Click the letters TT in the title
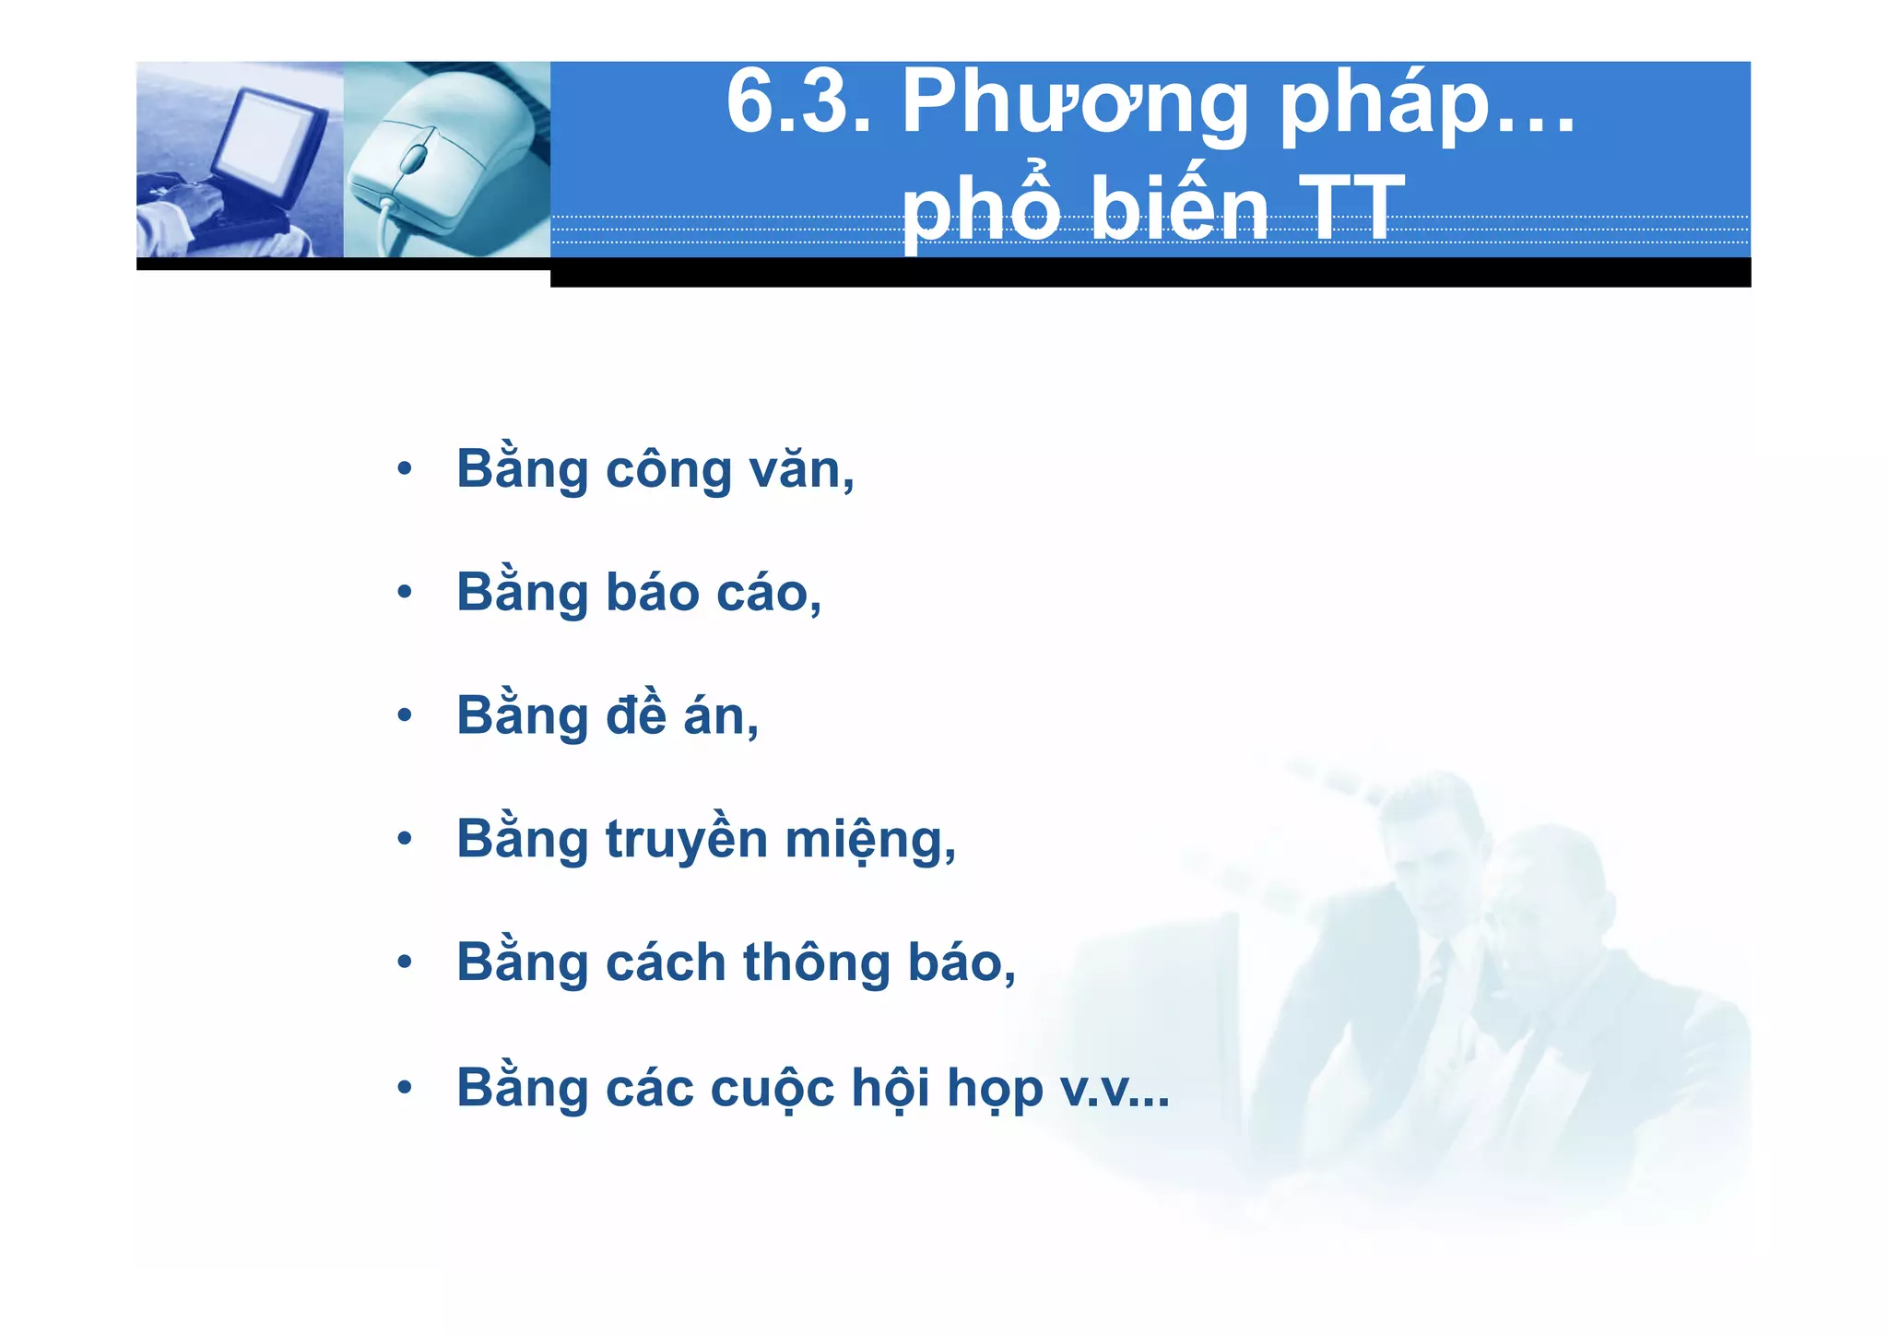pos(1351,211)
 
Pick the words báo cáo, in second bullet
pos(713,593)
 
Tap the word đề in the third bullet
pos(635,715)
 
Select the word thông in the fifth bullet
pos(816,963)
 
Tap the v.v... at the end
pos(1115,1089)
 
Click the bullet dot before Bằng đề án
pos(404,715)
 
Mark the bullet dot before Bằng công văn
pos(404,469)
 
